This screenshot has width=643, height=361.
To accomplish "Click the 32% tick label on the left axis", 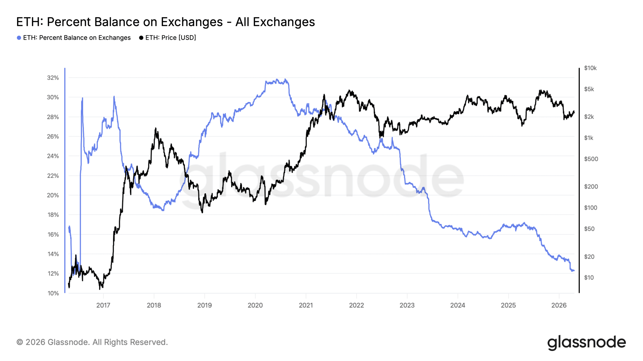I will pos(53,78).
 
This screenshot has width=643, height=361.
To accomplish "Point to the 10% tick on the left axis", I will pos(53,293).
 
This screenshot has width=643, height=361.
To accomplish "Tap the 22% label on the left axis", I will pos(53,176).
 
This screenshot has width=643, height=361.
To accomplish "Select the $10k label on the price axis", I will pos(590,68).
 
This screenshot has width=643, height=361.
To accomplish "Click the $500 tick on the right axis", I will pos(591,159).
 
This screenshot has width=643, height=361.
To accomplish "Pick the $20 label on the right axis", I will pos(589,256).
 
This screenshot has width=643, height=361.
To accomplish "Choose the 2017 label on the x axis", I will pos(103,305).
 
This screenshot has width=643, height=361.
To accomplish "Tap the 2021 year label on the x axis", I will pos(306,305).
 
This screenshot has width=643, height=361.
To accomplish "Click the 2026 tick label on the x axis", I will pos(559,305).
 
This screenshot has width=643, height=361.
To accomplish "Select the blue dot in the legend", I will pos(19,38).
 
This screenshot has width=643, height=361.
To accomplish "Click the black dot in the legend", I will pos(141,38).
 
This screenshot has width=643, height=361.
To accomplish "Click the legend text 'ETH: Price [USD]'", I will pos(171,38).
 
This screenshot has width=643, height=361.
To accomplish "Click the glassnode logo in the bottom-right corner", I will pos(586,342).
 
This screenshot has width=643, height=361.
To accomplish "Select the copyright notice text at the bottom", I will pos(92,342).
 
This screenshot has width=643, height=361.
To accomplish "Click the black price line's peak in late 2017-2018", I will pos(155,128).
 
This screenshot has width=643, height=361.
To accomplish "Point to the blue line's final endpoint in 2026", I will pos(574,270).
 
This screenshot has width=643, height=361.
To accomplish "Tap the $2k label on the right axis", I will pos(589,117).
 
